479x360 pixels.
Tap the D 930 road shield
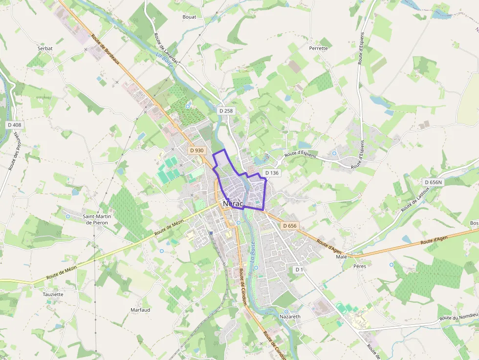tap(196, 150)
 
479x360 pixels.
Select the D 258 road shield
tap(226, 111)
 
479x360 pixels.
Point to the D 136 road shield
tap(272, 173)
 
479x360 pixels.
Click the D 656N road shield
tap(433, 182)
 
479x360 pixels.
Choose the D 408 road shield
tap(15, 125)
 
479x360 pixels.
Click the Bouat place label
tap(189, 17)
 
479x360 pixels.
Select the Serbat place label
tap(45, 48)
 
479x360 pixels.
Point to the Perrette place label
tap(318, 48)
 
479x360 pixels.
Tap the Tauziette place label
tap(53, 295)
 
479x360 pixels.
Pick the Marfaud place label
tap(140, 310)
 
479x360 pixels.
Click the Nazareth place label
tap(290, 317)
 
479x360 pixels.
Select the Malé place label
tap(341, 256)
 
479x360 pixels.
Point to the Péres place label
tap(359, 266)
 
